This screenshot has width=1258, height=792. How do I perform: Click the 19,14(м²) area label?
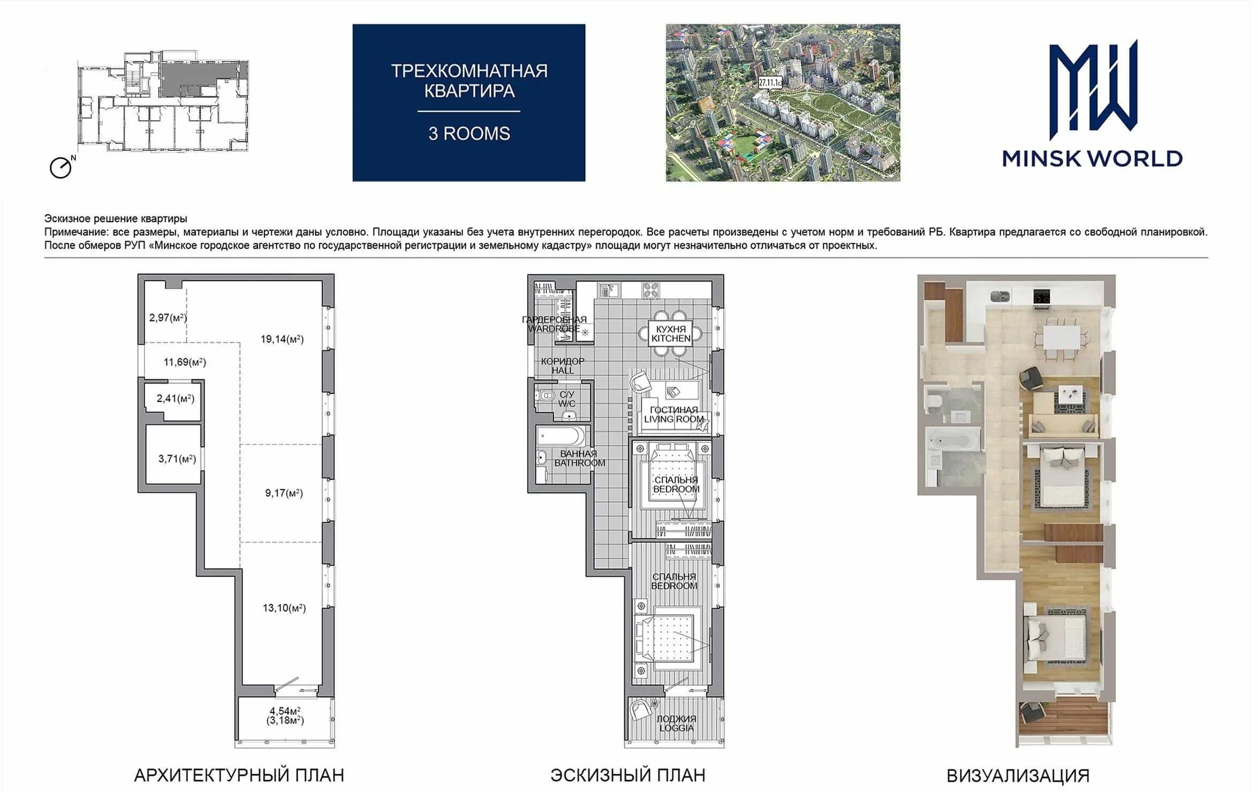click(282, 339)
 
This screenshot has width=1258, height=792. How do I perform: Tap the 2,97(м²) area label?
click(168, 318)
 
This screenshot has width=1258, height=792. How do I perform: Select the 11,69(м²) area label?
click(185, 362)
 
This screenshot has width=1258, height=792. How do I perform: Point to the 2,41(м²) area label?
click(175, 399)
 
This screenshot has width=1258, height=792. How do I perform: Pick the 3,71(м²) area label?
click(177, 459)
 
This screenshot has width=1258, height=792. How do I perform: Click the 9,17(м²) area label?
click(284, 493)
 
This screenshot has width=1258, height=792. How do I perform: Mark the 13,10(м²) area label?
click(284, 608)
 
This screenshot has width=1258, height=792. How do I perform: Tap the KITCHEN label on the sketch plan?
click(671, 339)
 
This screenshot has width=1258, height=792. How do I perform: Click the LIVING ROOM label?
click(674, 420)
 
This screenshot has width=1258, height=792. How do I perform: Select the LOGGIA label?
click(677, 728)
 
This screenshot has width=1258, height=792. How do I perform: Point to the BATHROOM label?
click(580, 463)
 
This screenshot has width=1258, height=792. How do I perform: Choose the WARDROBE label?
click(554, 329)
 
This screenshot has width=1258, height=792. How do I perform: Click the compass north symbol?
click(62, 167)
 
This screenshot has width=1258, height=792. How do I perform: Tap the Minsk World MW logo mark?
click(1093, 86)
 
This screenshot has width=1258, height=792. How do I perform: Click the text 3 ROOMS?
click(469, 134)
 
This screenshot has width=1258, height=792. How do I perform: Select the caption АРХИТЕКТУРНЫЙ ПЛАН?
click(239, 775)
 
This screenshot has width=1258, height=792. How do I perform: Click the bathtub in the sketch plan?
click(561, 436)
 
